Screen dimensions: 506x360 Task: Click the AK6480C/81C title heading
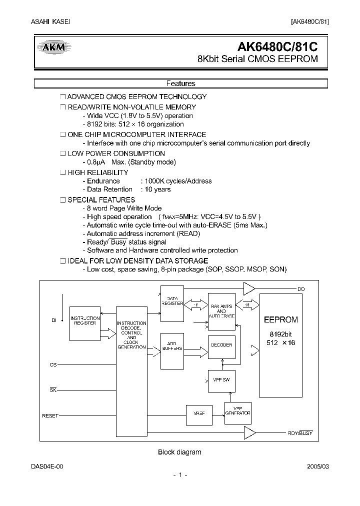tap(277, 46)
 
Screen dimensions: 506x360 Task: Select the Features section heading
tap(180, 84)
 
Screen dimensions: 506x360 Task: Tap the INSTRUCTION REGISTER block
tap(85, 321)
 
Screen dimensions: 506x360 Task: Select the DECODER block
tap(221, 345)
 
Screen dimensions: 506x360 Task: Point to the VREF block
tap(198, 413)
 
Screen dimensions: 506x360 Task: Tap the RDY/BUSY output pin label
tap(300, 433)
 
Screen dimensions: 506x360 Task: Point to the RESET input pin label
tap(50, 415)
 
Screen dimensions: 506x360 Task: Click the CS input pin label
tap(53, 365)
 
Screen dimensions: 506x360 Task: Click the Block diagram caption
tap(179, 452)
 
